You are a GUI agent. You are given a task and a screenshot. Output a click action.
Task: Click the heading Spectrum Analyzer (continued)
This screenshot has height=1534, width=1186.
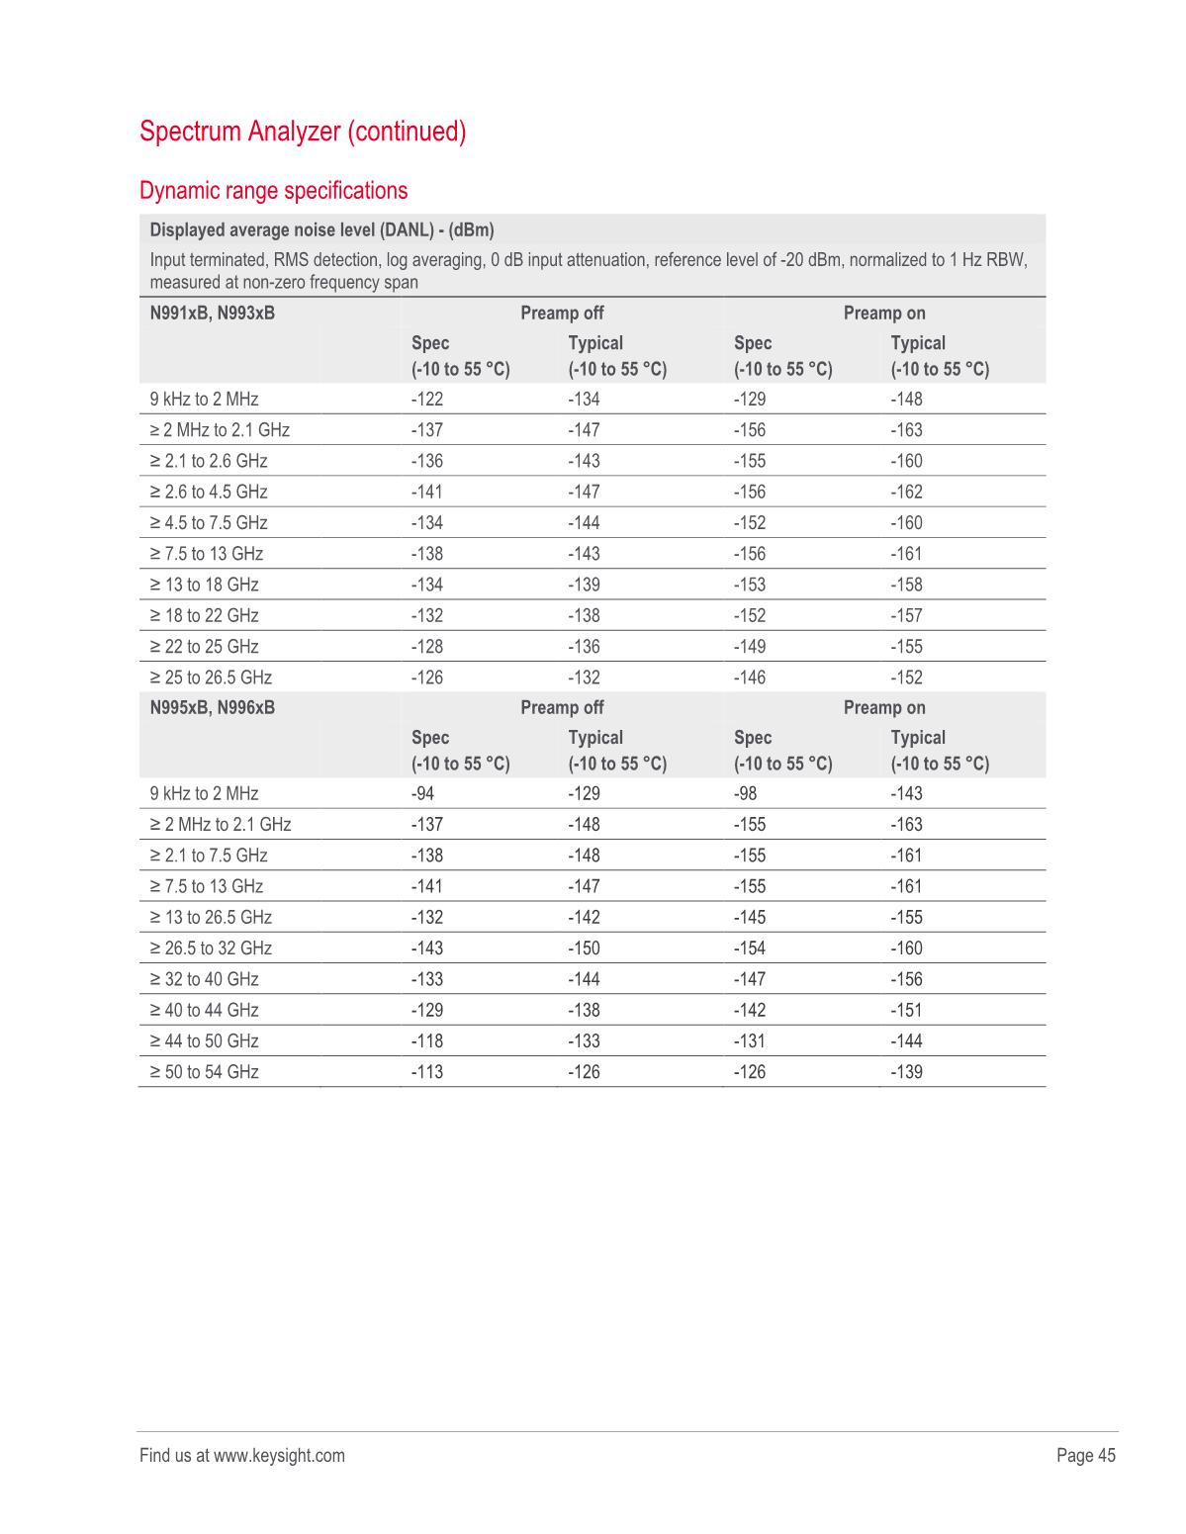303,132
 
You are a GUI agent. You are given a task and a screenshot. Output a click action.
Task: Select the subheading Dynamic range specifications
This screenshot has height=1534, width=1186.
274,190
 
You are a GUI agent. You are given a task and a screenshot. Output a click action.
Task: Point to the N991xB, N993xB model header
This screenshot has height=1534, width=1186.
213,314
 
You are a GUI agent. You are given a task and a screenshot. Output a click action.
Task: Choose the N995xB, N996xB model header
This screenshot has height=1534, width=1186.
213,708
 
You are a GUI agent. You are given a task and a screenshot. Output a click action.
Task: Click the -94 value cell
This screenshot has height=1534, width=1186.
422,794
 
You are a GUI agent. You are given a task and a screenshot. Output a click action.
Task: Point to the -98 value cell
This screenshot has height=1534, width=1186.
745,794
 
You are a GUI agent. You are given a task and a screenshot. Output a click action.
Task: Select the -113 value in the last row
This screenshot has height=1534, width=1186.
427,1072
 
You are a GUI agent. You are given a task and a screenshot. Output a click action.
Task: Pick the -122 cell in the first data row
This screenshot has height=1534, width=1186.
427,400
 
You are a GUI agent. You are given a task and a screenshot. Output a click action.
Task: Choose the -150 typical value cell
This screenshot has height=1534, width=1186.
584,948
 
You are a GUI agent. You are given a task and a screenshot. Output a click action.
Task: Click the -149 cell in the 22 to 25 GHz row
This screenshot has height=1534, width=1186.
750,647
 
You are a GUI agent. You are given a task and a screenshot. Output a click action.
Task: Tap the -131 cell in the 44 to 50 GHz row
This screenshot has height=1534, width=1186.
750,1041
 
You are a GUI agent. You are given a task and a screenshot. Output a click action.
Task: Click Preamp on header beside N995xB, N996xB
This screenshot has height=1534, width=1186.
884,708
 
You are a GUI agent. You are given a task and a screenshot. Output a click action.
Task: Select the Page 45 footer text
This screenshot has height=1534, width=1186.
1086,1456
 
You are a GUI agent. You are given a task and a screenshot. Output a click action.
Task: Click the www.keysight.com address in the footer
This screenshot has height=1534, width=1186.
279,1456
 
